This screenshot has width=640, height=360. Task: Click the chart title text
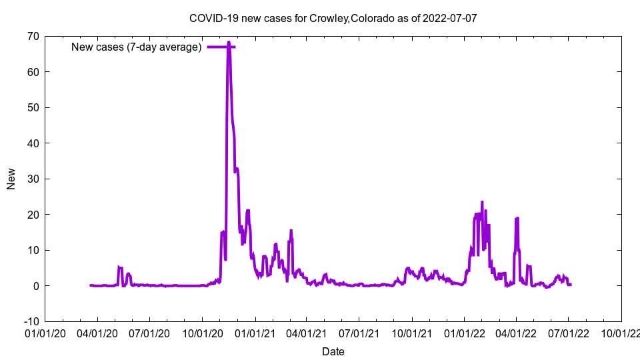[333, 18]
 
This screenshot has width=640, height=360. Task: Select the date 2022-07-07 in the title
[450, 18]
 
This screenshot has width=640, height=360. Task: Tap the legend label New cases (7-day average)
[136, 47]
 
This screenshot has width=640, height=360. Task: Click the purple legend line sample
[221, 47]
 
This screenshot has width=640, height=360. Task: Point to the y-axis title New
[11, 179]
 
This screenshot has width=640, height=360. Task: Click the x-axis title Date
[333, 351]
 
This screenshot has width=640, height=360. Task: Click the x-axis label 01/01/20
[45, 332]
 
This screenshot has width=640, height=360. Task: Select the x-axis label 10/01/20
[203, 332]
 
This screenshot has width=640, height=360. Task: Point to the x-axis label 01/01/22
[464, 332]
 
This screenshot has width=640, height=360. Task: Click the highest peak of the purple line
[229, 43]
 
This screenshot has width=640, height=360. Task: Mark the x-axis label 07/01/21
[359, 332]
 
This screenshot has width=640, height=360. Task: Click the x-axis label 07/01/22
[568, 332]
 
